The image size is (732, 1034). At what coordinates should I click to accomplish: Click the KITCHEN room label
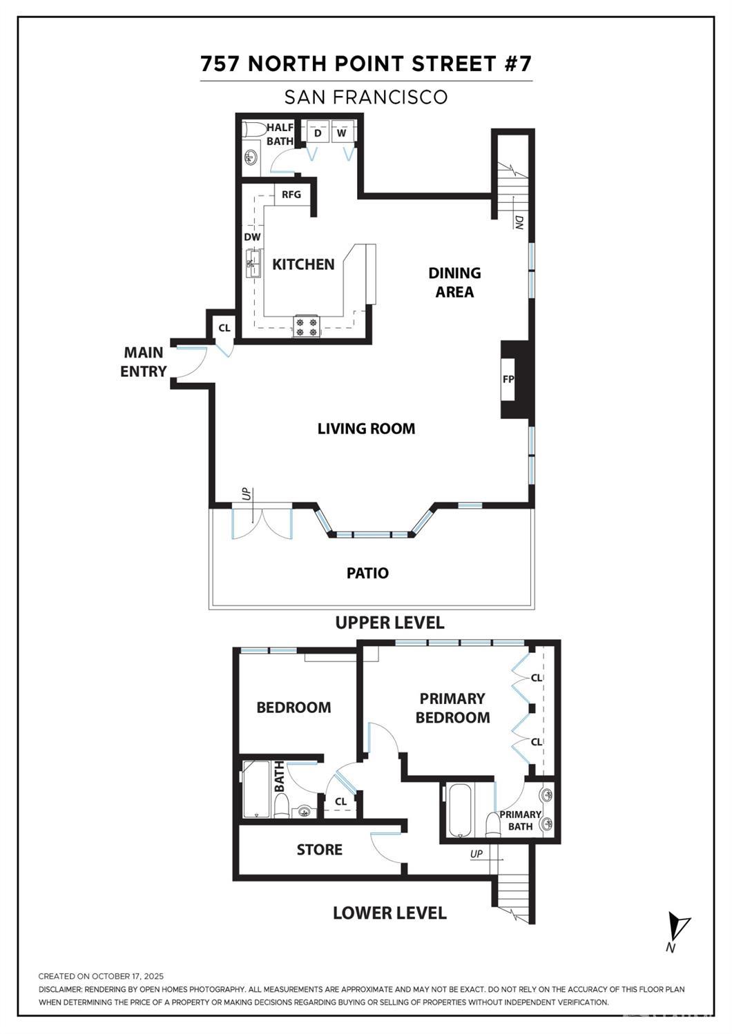pos(303,264)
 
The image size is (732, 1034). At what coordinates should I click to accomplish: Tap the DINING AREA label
pos(454,282)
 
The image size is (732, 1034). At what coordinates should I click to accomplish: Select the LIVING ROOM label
pos(366,429)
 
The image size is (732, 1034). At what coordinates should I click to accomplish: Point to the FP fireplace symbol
pos(509,379)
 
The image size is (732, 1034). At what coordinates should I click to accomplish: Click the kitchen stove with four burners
pos(306,326)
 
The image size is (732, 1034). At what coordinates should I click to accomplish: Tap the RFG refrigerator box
pos(291,195)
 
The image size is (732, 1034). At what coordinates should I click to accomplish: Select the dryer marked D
pos(318,133)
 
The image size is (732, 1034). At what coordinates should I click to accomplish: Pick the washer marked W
pos(342,133)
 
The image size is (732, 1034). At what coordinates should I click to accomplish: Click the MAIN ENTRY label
pos(144,362)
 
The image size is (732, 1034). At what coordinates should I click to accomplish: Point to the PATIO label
pos(367,573)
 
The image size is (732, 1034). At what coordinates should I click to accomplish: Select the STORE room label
pos(319,850)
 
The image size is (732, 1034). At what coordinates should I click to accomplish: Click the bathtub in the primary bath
pos(459,810)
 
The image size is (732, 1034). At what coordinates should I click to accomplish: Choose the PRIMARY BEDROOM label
pos(452,708)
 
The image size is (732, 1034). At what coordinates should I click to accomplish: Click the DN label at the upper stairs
pos(519,222)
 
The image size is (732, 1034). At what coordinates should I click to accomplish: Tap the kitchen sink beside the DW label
pos(253,264)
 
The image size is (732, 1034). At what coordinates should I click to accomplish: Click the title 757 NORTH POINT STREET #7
pos(366,64)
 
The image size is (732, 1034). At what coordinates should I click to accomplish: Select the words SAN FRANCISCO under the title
pos(366,97)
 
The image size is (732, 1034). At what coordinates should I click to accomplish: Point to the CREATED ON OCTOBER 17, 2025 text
pos(101,976)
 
